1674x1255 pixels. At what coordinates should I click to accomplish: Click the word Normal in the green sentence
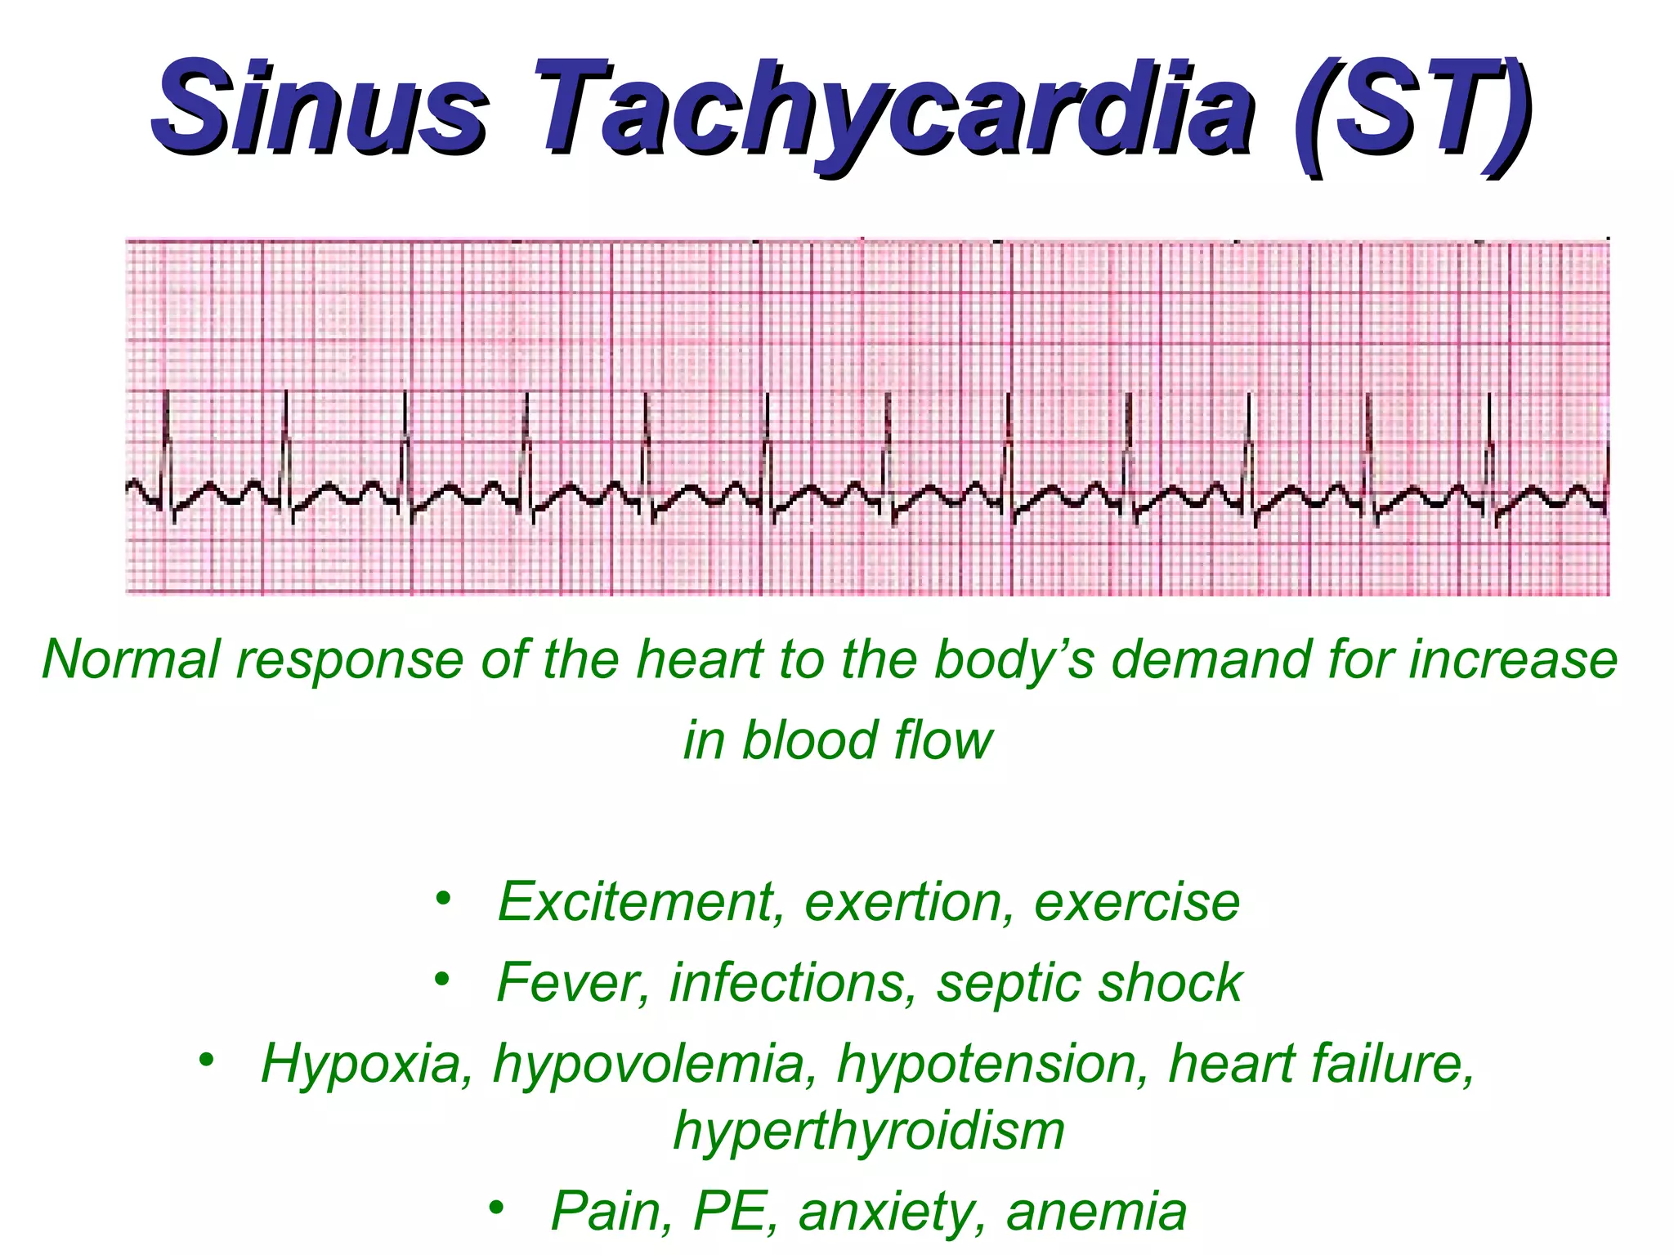(131, 659)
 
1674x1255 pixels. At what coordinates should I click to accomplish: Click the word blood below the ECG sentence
(809, 740)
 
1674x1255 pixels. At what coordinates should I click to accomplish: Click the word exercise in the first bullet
(1136, 901)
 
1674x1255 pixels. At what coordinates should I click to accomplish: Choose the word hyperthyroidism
(869, 1132)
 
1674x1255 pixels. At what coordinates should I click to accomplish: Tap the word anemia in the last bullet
(1095, 1211)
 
